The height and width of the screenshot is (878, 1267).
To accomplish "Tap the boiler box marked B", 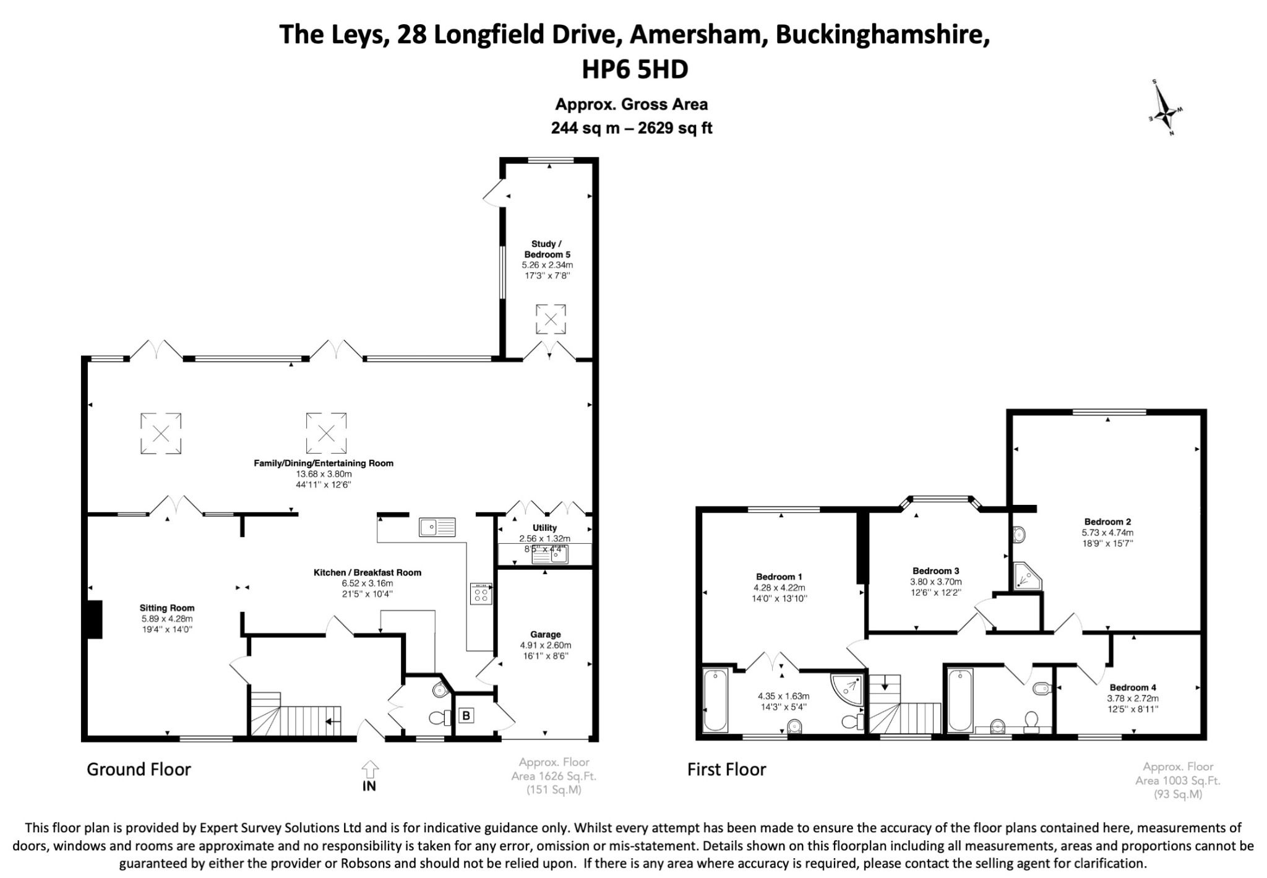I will point(466,716).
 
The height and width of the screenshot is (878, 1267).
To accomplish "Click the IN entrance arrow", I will point(369,776).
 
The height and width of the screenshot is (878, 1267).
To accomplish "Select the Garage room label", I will point(545,634).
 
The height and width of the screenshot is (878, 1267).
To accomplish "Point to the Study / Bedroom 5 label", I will point(547,249).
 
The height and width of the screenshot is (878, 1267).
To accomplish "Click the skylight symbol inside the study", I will point(550,319).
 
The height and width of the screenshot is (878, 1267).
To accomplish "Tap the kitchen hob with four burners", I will point(481,594).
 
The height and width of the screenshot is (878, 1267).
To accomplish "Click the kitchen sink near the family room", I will point(437,527).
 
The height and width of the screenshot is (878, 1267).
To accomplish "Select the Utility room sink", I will point(551,556).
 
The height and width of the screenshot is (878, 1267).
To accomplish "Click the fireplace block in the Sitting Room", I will point(94,619).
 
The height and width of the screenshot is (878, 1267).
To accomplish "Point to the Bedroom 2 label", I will point(1107,522).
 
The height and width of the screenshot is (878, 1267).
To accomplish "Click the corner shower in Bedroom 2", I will point(1026,576).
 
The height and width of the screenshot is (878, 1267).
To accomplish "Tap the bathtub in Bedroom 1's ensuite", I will point(715,700).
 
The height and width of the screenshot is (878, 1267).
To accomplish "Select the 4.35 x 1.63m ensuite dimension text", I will point(783,696).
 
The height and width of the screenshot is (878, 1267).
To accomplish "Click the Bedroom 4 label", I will point(1133,687).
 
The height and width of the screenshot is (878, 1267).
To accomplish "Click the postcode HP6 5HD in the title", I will point(634,69).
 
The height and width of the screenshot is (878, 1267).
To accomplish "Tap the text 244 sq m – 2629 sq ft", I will point(632,128).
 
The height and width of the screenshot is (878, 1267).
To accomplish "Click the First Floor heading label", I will point(726,770).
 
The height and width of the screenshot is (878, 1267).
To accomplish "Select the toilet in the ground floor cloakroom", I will point(439,718).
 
